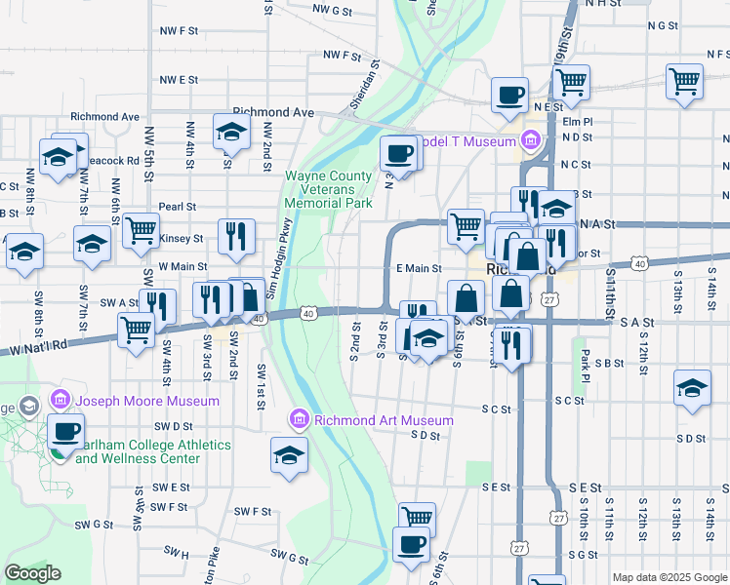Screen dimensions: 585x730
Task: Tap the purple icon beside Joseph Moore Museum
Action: coord(60,400)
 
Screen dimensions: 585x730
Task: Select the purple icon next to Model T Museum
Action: coord(531,142)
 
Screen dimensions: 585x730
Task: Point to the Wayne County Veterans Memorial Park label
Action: coord(328,190)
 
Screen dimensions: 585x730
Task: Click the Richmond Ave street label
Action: coord(273,112)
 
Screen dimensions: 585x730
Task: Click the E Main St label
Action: coord(419,268)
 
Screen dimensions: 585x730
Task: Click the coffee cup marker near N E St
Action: coord(509,96)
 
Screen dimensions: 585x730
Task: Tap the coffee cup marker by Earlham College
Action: coord(65,431)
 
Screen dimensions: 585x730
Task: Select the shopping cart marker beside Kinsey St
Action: coord(141,230)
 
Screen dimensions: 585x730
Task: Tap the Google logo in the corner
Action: coord(33,573)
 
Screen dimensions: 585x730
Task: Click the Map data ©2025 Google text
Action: coord(669,577)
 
